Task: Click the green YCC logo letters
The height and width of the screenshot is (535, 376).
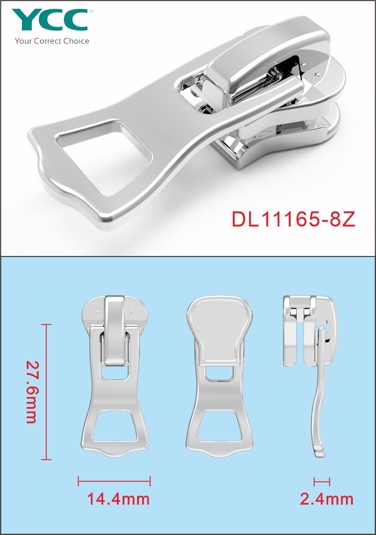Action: pyautogui.click(x=49, y=20)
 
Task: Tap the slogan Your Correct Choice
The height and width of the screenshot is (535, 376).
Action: pyautogui.click(x=52, y=41)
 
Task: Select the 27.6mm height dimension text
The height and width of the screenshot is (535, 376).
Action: pyautogui.click(x=32, y=392)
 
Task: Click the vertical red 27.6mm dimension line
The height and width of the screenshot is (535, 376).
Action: pyautogui.click(x=46, y=392)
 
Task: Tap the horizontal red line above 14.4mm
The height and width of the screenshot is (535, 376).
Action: pyautogui.click(x=114, y=481)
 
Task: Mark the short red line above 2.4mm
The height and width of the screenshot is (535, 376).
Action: pyautogui.click(x=322, y=481)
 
